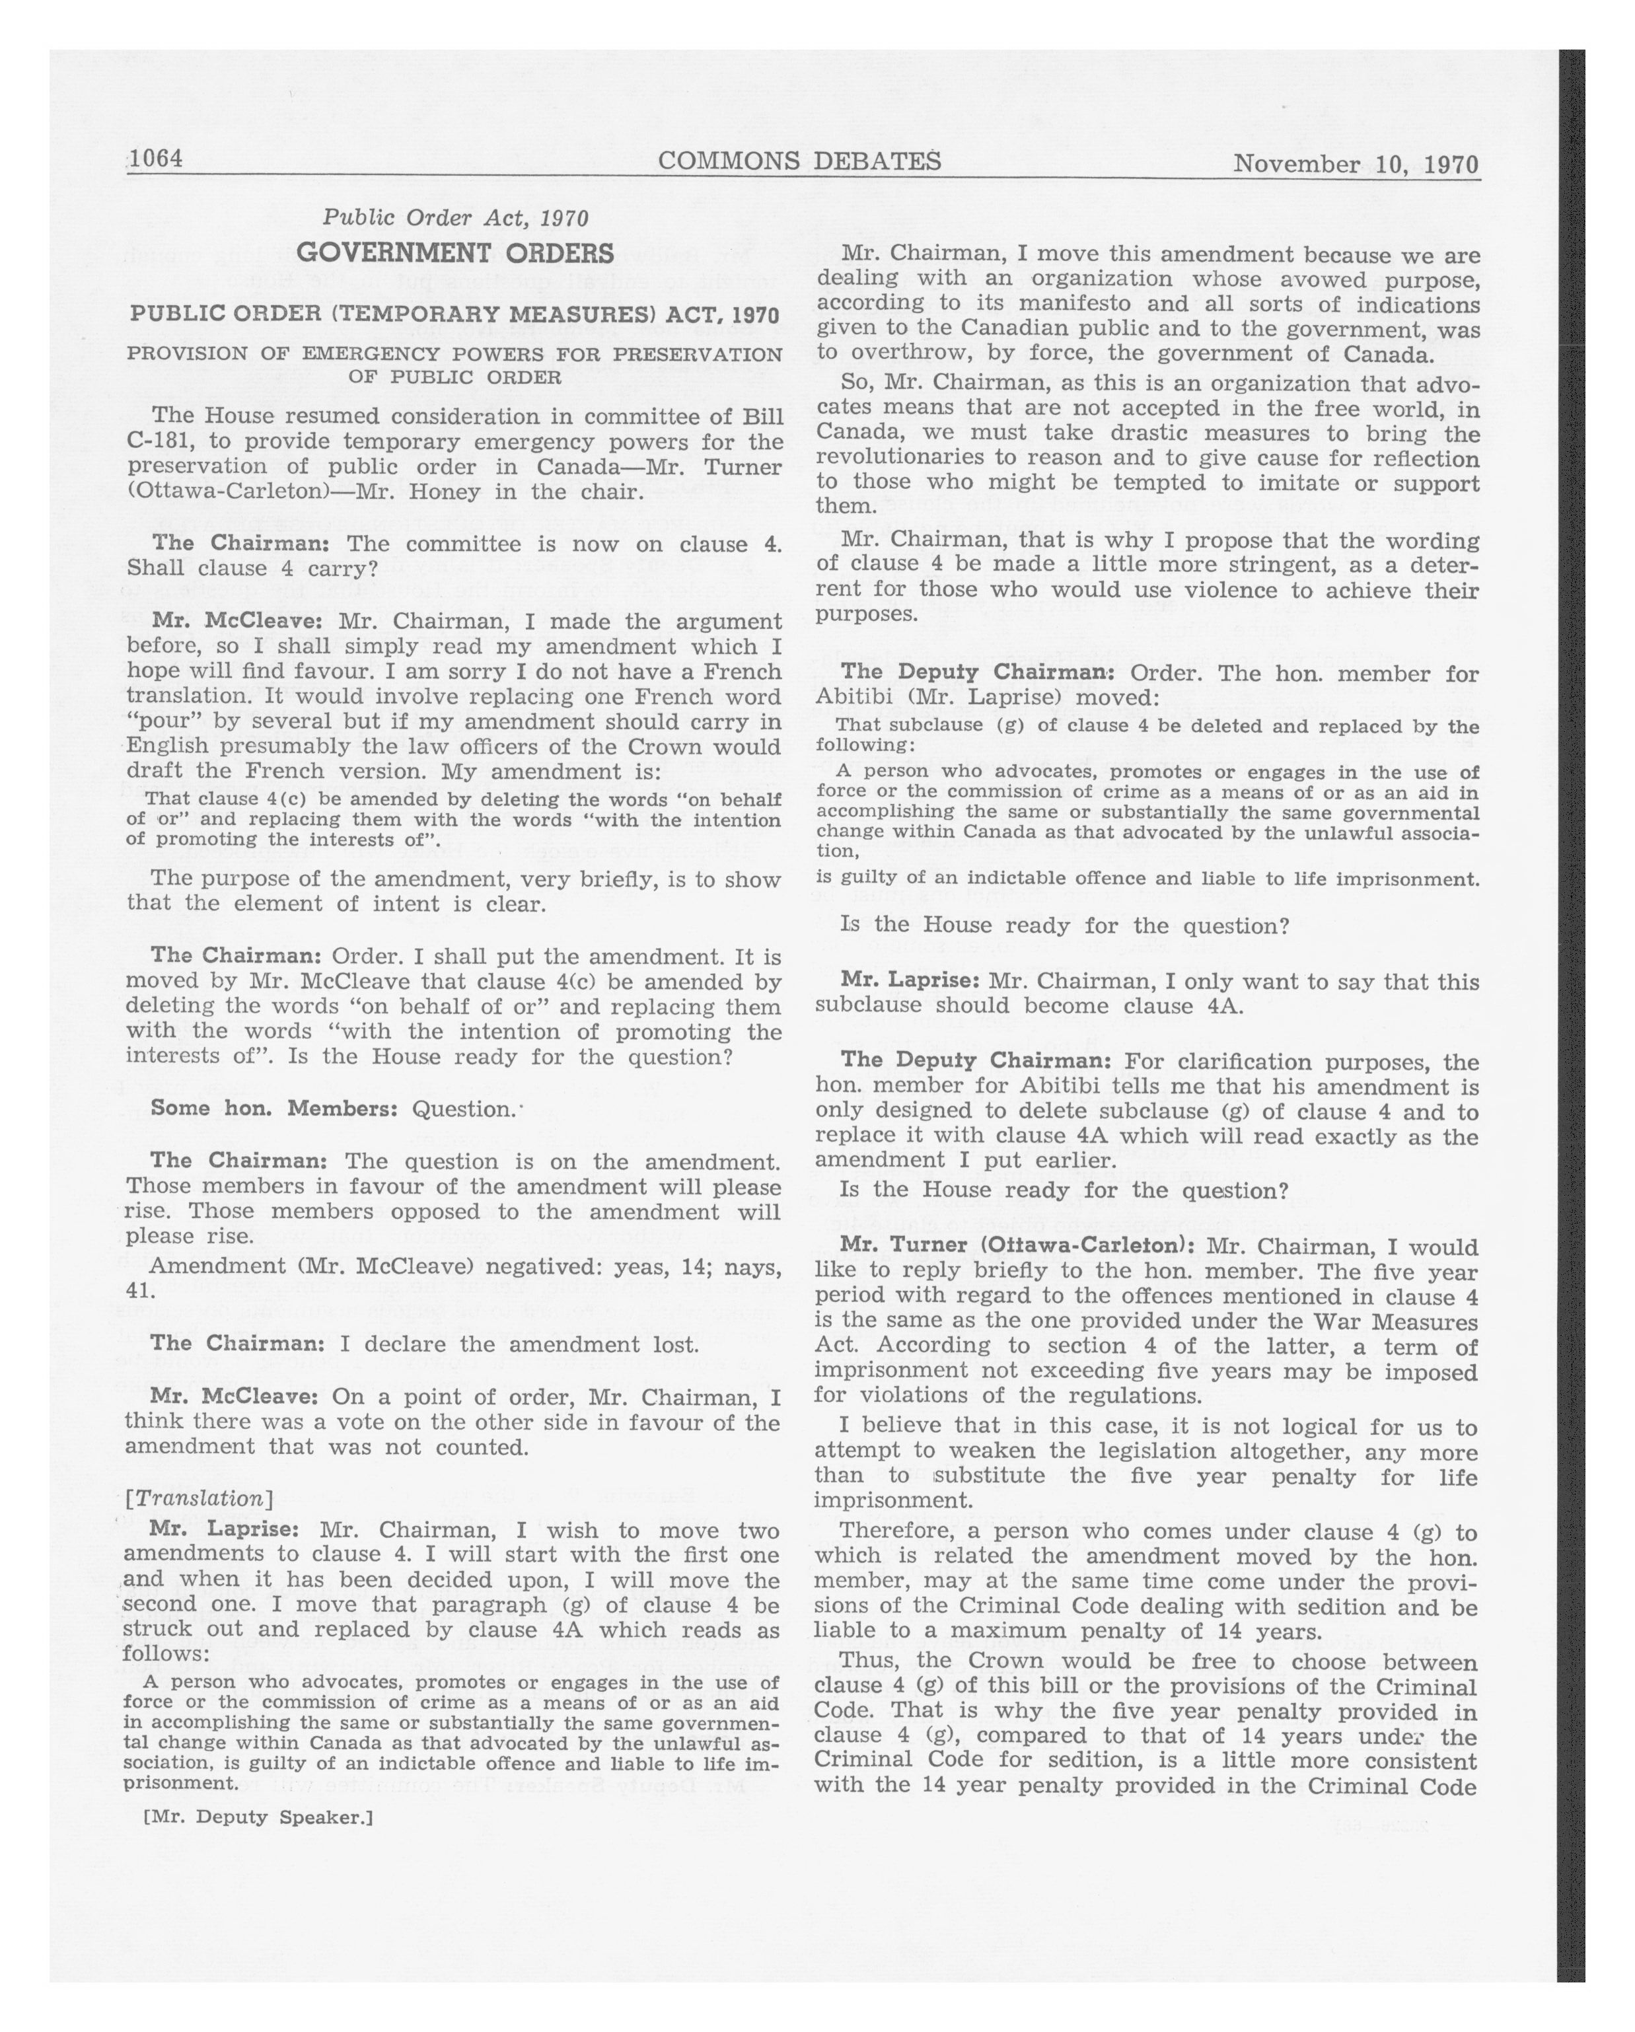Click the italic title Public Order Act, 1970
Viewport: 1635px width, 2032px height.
click(455, 218)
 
